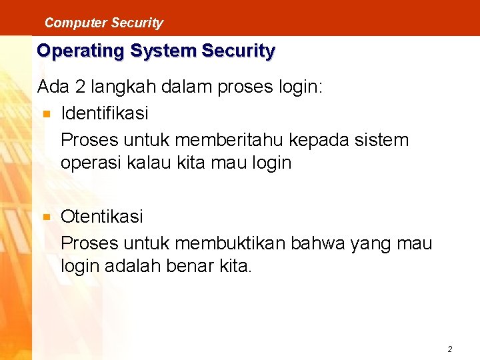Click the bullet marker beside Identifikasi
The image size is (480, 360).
[45, 114]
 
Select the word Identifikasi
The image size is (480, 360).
[105, 113]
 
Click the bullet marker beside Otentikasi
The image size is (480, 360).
[45, 217]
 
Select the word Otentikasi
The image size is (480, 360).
[102, 217]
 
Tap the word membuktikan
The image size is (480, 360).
[241, 243]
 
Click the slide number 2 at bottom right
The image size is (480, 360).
[450, 349]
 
